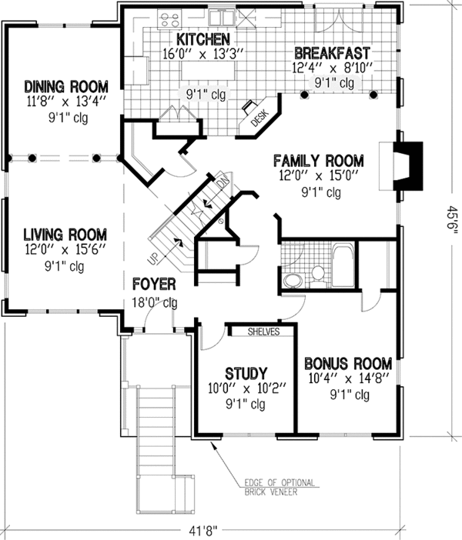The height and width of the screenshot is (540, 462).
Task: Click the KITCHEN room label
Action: point(203,39)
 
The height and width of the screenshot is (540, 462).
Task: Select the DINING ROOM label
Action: point(65,85)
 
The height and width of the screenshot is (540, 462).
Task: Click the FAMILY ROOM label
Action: point(319,162)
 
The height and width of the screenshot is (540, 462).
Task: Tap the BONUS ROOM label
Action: point(348,363)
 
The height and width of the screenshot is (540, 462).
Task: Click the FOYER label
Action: point(155,284)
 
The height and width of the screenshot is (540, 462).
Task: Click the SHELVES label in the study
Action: point(263,332)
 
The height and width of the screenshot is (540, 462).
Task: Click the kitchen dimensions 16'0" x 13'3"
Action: point(203,54)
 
